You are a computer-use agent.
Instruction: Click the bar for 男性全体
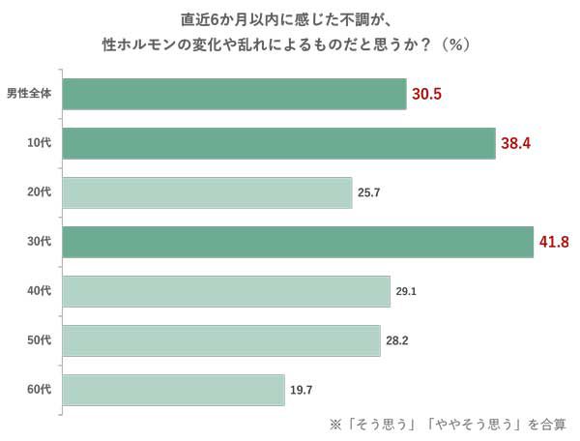(234, 94)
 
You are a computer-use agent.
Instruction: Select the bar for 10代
(278, 143)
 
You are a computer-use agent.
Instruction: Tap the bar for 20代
(207, 192)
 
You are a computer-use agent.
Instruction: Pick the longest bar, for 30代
(298, 242)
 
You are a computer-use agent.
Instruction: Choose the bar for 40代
(226, 291)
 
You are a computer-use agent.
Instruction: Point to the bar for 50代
(221, 340)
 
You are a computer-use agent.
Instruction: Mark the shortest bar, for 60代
(174, 390)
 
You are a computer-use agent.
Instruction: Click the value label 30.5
(427, 95)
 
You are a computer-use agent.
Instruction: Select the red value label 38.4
(516, 144)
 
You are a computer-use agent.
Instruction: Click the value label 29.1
(406, 291)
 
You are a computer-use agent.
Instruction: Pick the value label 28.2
(397, 340)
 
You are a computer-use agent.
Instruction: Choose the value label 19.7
(301, 390)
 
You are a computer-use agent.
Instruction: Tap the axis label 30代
(39, 242)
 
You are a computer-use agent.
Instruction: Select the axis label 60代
(39, 390)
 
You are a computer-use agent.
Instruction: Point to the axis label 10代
(39, 144)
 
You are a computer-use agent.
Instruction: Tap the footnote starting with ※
(449, 424)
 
